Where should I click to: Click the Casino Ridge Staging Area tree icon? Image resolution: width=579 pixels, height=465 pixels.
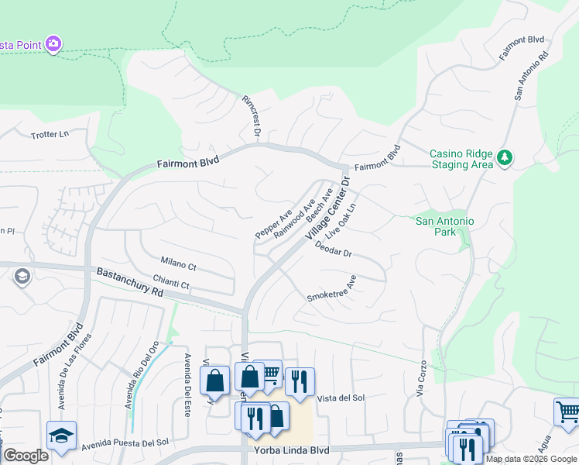[505, 157]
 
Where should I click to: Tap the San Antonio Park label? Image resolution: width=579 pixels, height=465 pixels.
[444, 227]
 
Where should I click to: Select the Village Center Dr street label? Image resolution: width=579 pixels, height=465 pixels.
[327, 208]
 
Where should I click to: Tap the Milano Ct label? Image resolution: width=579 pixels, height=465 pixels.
[178, 263]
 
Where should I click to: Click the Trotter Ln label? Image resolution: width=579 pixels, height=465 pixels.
[50, 135]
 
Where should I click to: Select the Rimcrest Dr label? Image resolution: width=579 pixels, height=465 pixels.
[252, 119]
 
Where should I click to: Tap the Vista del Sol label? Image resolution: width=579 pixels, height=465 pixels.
[341, 398]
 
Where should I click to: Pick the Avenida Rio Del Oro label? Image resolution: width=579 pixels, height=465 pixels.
[142, 375]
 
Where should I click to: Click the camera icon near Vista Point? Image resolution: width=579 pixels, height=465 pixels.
[53, 43]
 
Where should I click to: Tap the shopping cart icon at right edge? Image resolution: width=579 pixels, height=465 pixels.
[567, 411]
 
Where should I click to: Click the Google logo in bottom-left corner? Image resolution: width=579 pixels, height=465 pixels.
[26, 456]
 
